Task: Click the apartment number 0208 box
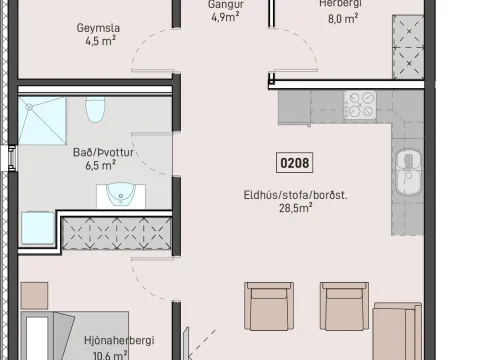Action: [x=294, y=163]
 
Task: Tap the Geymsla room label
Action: [x=98, y=28]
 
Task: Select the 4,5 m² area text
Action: [x=101, y=41]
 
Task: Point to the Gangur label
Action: [x=226, y=5]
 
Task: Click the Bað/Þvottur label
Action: [x=103, y=152]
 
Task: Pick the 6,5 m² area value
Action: [x=101, y=165]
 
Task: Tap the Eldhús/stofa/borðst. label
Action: [x=295, y=195]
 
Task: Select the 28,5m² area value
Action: [x=296, y=208]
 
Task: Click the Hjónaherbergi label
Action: [x=119, y=340]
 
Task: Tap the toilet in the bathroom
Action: [x=95, y=109]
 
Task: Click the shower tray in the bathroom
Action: [x=42, y=121]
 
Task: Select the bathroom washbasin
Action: [x=121, y=195]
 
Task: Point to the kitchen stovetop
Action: [x=360, y=105]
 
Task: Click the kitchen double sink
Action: [x=409, y=172]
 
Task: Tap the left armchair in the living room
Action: [x=269, y=306]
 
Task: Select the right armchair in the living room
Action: [x=344, y=306]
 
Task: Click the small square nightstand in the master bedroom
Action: [x=34, y=296]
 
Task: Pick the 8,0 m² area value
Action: [x=343, y=19]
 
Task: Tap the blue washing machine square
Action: [x=38, y=228]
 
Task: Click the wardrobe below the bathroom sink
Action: [x=116, y=233]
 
